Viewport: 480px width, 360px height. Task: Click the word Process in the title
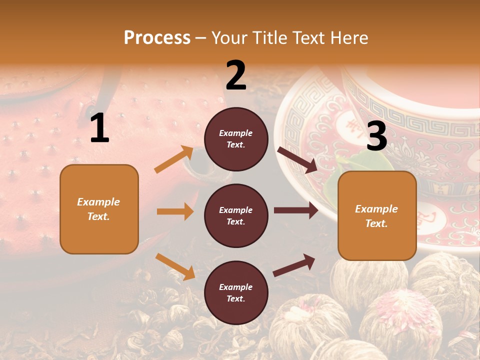tap(157, 38)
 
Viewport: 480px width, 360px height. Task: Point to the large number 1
tap(99, 128)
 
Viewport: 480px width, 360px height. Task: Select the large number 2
tap(236, 75)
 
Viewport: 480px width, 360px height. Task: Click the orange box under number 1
tap(99, 209)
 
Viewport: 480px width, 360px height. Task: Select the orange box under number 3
tap(377, 215)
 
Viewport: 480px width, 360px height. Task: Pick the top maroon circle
tap(236, 139)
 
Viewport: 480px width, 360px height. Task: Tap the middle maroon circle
tap(236, 215)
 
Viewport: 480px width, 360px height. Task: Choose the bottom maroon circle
tap(236, 292)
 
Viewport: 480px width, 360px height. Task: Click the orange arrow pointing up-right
tap(174, 159)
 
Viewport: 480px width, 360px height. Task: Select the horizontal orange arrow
tap(175, 211)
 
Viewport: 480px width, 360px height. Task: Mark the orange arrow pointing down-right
tap(175, 266)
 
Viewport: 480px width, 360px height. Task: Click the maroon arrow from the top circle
tap(297, 159)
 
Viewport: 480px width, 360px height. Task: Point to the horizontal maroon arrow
tap(296, 210)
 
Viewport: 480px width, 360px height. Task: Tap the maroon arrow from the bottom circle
tap(294, 265)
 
